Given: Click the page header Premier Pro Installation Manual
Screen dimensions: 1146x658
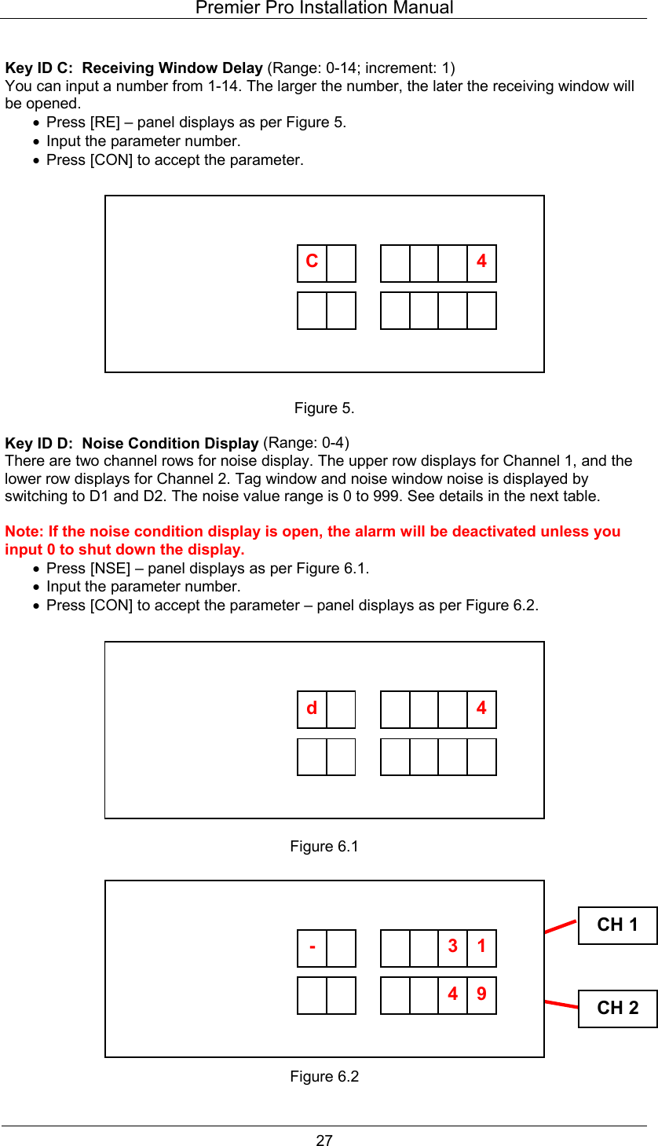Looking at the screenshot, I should click(x=324, y=9).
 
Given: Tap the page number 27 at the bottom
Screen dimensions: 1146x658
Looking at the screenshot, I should click(x=324, y=1141).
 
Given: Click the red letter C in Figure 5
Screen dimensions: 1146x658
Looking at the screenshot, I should click(x=312, y=262).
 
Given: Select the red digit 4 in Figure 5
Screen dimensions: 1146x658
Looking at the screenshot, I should click(x=481, y=262).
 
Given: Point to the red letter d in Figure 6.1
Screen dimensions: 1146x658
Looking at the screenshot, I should click(x=312, y=708).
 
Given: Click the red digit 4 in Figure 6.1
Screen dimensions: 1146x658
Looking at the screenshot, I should click(x=481, y=708).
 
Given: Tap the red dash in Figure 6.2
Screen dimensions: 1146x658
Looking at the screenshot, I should click(x=313, y=946).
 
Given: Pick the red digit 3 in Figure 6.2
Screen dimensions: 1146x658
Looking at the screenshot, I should click(x=452, y=946).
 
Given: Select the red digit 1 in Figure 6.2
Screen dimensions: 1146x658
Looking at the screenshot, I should click(x=481, y=946).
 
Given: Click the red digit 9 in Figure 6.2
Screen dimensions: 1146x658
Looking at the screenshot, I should click(x=481, y=994).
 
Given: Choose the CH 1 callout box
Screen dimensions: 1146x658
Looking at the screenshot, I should click(x=617, y=925).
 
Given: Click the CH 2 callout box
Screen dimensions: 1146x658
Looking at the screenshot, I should click(x=617, y=1009).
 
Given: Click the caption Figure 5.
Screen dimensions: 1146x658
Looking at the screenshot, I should click(x=324, y=408).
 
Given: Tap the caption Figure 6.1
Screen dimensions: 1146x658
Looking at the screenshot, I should click(x=324, y=847).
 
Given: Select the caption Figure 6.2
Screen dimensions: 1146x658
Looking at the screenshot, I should click(x=324, y=1077).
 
